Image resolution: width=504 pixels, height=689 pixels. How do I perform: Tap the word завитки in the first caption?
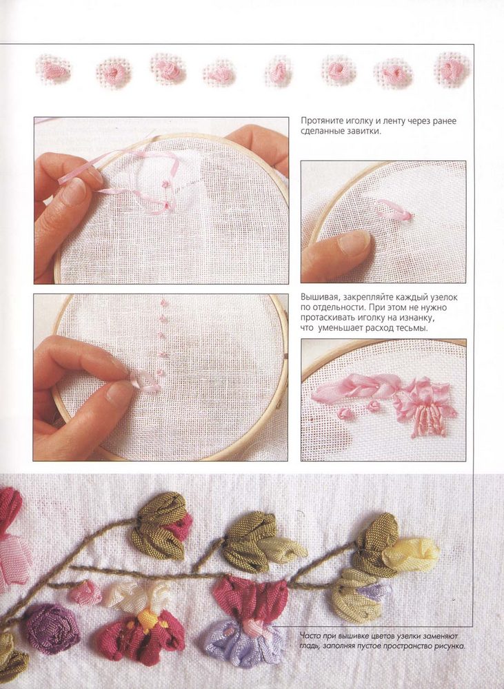[x=365, y=132]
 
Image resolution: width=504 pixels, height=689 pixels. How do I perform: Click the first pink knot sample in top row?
[x=53, y=70]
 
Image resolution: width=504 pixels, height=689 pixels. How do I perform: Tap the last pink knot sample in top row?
[x=452, y=70]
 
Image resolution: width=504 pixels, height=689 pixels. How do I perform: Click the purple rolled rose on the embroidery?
[x=51, y=629]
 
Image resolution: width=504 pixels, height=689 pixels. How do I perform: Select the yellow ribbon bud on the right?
[x=410, y=554]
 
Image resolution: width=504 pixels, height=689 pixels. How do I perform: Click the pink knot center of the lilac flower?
[x=250, y=627]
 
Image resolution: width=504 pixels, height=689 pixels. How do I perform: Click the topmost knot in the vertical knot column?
[x=164, y=302]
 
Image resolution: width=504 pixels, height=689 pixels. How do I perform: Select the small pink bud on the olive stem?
[x=85, y=592]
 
